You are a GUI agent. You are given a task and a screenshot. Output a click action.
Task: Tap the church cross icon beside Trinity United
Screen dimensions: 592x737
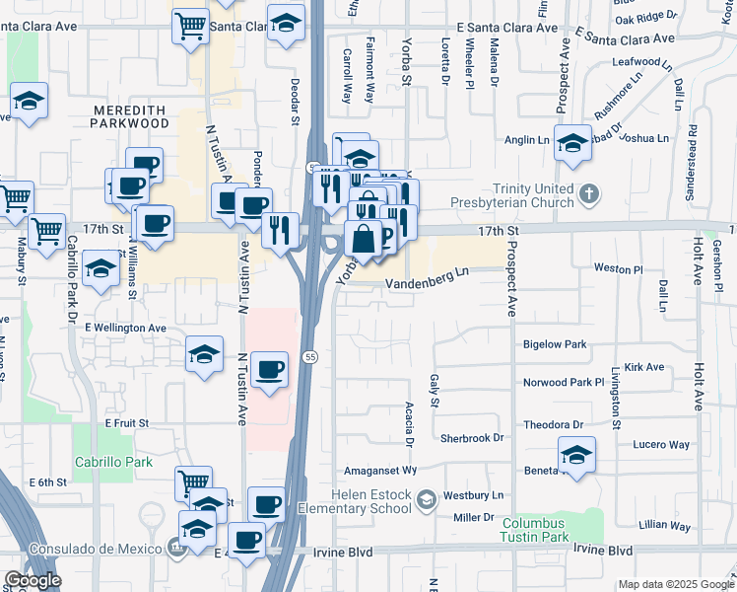tap(589, 192)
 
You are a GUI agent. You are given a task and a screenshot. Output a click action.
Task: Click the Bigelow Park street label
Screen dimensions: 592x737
tap(555, 344)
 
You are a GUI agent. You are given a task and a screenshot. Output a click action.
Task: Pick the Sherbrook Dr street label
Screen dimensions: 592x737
tap(472, 437)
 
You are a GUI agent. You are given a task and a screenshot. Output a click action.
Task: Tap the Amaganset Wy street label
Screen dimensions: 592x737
tap(381, 472)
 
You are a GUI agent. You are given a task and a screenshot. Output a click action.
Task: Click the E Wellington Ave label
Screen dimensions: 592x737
tap(125, 328)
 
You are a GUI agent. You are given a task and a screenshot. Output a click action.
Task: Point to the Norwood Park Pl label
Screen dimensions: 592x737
tap(564, 382)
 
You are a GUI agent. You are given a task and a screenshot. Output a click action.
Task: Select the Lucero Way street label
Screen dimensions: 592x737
tap(661, 445)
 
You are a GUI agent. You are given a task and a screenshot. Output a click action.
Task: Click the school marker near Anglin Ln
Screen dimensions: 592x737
tap(572, 142)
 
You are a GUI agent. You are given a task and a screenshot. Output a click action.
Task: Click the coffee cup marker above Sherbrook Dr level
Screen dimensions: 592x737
tap(269, 370)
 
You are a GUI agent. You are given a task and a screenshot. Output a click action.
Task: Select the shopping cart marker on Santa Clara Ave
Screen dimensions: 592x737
tap(190, 26)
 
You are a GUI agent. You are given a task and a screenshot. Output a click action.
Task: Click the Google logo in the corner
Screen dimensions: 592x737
tap(33, 580)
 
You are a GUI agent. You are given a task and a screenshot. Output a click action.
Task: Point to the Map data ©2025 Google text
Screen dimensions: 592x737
tap(675, 584)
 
